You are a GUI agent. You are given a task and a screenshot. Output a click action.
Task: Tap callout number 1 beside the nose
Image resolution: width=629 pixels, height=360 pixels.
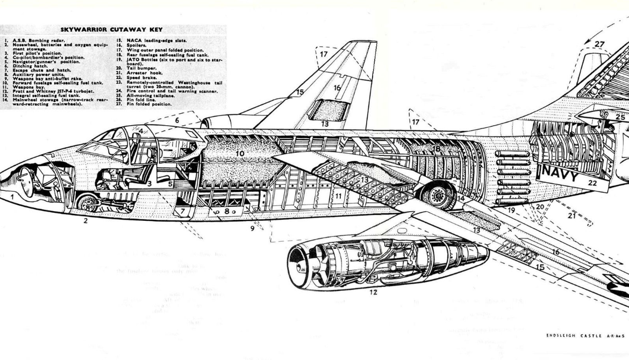coord(11,197)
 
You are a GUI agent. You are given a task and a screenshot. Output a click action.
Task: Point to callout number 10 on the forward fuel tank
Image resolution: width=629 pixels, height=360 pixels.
coord(240,154)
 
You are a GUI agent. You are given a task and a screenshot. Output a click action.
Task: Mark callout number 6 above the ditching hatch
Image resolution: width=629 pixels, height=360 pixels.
coord(177,121)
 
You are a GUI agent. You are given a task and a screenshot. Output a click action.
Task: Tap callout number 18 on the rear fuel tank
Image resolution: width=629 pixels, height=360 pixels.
coord(436,148)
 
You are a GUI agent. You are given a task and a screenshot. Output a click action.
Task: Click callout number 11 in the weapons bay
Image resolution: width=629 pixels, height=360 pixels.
coord(338,197)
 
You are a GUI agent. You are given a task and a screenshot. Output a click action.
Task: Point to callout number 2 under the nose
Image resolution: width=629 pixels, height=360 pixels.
coord(84,220)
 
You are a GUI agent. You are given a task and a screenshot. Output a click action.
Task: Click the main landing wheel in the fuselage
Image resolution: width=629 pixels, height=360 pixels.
coord(439,195)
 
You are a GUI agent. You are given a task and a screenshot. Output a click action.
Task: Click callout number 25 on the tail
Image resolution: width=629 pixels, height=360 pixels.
coord(620,117)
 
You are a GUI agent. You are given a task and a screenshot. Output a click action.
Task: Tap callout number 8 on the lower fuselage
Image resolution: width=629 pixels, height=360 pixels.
coord(226,212)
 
